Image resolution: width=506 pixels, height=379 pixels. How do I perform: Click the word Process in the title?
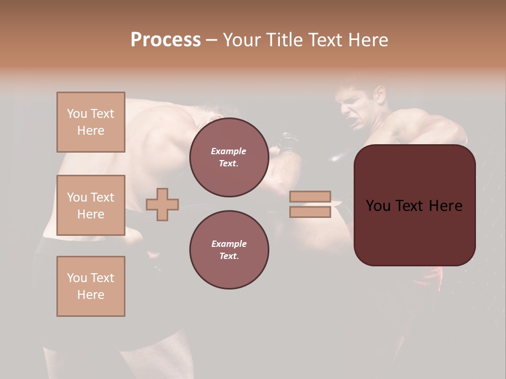coord(166,40)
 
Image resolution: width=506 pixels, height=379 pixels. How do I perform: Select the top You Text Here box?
coord(91,122)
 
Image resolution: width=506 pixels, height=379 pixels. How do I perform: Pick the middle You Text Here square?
coord(91,205)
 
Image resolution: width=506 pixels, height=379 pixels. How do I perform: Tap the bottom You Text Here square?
coord(91,286)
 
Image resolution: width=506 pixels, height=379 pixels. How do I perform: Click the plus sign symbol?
coord(162,204)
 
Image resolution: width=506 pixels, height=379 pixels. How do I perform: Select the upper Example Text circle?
coord(229,157)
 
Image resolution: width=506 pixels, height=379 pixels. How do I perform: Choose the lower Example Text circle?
coord(229,250)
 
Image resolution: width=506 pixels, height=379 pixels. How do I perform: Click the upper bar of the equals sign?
coord(310,197)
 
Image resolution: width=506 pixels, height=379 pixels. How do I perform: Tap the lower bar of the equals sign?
coord(310,212)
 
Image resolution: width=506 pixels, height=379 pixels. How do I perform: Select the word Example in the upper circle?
coord(229,151)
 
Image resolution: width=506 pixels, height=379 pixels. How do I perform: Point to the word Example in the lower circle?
coord(229,244)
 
